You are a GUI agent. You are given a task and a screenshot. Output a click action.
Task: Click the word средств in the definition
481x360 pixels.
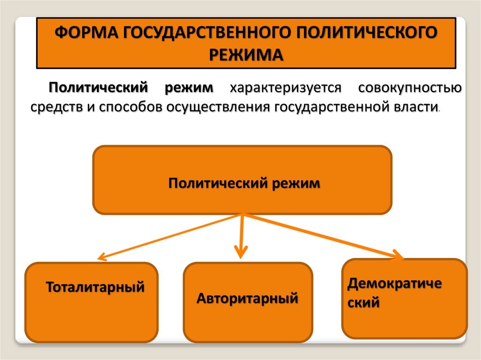(x=57, y=107)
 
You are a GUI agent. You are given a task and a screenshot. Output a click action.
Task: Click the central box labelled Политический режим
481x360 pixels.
(x=242, y=181)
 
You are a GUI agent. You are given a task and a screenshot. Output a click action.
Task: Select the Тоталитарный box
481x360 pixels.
(x=92, y=302)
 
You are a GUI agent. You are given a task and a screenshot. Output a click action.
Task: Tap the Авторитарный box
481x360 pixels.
(x=248, y=303)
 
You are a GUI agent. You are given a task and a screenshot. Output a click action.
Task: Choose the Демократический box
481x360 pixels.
(x=404, y=298)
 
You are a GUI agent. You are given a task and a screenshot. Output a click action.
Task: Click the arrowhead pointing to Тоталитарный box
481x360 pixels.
(x=101, y=257)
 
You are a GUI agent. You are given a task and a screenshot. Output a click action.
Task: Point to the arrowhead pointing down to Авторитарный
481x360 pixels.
(x=241, y=253)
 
